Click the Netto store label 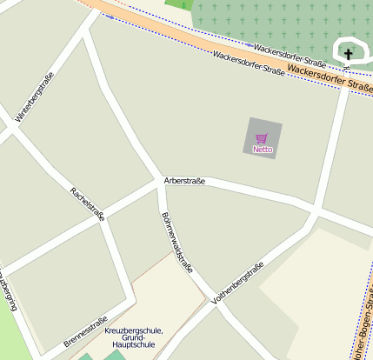[x=263, y=150]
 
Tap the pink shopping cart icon [x=262, y=138]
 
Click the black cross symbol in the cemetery [x=349, y=55]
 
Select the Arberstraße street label [x=184, y=181]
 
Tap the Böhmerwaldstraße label [x=177, y=243]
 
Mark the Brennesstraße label [x=86, y=331]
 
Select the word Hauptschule [x=133, y=345]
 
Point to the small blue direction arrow [x=251, y=44]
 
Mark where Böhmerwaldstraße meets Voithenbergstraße [x=209, y=300]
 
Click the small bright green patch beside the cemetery [x=177, y=4]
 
